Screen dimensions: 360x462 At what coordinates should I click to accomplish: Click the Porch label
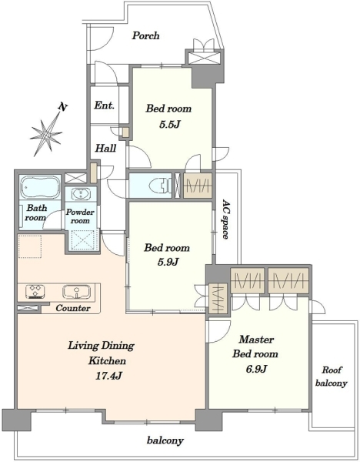pyautogui.click(x=145, y=35)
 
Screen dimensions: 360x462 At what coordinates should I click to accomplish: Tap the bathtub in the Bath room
pyautogui.click(x=40, y=187)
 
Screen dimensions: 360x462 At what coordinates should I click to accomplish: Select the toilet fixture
pyautogui.click(x=158, y=186)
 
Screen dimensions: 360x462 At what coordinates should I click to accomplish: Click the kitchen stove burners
pyautogui.click(x=35, y=291)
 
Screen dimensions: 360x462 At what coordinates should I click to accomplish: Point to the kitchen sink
pyautogui.click(x=76, y=291)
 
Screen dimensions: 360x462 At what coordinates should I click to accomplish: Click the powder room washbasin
pyautogui.click(x=80, y=194)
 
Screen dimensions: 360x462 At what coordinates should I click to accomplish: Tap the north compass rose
pyautogui.click(x=45, y=135)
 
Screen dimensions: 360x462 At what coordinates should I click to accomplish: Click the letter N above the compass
pyautogui.click(x=62, y=107)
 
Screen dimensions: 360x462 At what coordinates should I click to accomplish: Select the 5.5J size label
pyautogui.click(x=169, y=125)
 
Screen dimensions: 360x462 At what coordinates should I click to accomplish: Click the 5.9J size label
pyautogui.click(x=168, y=262)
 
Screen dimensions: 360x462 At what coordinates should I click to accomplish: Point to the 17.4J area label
pyautogui.click(x=108, y=376)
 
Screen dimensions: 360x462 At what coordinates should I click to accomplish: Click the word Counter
pyautogui.click(x=73, y=308)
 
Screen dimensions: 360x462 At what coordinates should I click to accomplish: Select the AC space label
pyautogui.click(x=225, y=219)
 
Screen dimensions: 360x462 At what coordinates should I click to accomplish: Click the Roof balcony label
pyautogui.click(x=331, y=377)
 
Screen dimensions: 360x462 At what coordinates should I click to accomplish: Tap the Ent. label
pyautogui.click(x=104, y=105)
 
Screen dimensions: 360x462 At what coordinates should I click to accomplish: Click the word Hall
pyautogui.click(x=105, y=148)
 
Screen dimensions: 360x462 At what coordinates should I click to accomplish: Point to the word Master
pyautogui.click(x=256, y=340)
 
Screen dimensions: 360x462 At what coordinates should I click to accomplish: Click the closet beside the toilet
pyautogui.click(x=198, y=186)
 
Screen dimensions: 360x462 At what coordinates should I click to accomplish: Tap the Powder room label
pyautogui.click(x=80, y=216)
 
